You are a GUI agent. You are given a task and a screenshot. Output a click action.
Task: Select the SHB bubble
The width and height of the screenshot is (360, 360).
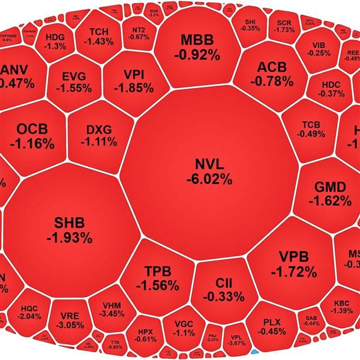69,228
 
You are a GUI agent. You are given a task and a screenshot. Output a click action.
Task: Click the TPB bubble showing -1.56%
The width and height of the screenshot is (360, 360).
157,277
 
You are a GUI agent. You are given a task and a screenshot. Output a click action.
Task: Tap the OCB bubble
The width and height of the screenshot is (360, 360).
36,137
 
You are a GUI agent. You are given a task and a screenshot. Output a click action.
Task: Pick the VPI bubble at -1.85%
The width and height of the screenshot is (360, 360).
133,81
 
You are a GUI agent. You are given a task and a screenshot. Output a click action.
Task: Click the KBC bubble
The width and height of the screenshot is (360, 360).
341,306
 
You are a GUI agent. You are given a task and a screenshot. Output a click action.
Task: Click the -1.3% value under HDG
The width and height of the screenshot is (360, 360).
56,46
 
